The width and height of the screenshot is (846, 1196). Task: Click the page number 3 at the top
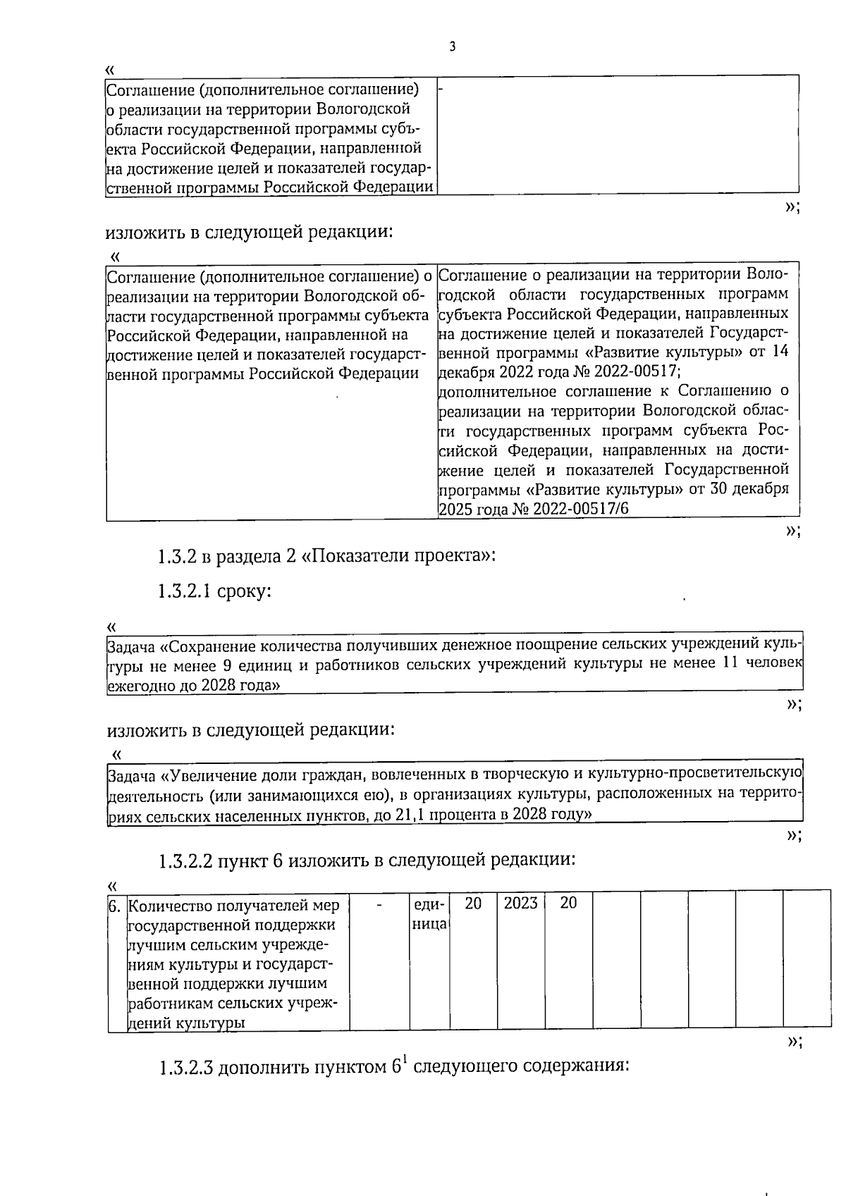click(452, 47)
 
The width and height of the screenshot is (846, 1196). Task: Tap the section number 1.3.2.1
click(183, 591)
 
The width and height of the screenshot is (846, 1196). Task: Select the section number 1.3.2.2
click(185, 860)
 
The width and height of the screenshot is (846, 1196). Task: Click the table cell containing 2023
click(521, 904)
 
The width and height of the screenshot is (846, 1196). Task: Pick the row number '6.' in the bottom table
click(116, 905)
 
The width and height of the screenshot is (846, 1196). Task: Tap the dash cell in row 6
click(379, 904)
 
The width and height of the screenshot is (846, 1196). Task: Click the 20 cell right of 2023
click(568, 904)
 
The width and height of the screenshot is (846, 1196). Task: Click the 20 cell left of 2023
click(473, 904)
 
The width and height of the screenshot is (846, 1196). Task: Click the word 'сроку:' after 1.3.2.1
click(244, 591)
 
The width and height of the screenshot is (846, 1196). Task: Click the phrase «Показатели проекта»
click(397, 556)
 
